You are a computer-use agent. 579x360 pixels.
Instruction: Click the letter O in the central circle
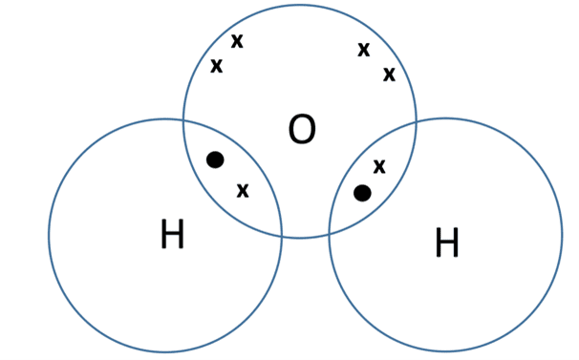(301, 130)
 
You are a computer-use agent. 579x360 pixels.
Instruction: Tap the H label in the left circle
(172, 234)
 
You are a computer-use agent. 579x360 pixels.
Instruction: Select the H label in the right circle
(446, 244)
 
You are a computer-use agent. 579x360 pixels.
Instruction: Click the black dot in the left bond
(215, 159)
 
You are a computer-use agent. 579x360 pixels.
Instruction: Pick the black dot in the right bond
(362, 193)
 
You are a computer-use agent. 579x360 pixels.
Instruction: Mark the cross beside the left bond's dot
(243, 190)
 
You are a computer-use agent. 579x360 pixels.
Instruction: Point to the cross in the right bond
(379, 166)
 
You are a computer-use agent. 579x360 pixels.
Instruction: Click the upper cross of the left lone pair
(237, 41)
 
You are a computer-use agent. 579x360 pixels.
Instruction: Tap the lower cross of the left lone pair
(217, 66)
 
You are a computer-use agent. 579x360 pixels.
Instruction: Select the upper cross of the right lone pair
(364, 49)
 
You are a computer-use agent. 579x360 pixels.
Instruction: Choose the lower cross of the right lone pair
(389, 74)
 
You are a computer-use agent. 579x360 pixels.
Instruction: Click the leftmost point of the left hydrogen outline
(49, 235)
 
